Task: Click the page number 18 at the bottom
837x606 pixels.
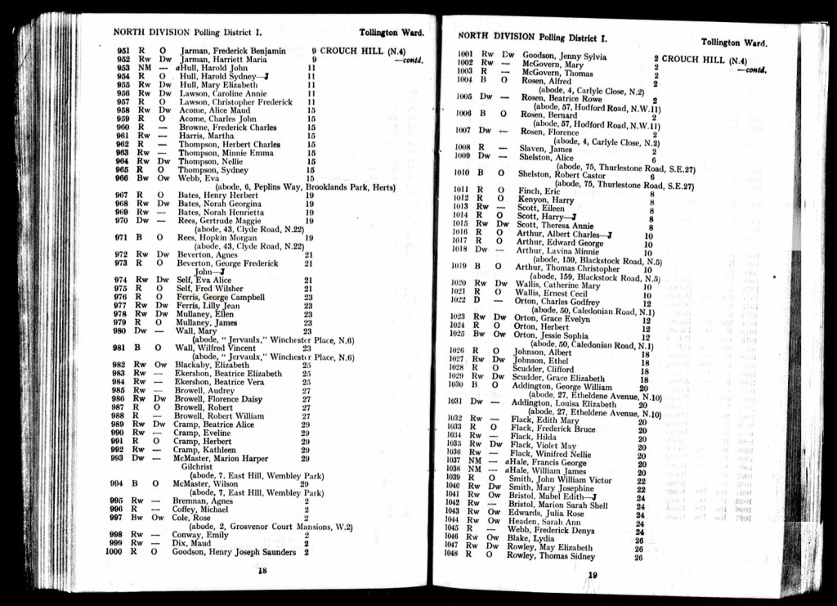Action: (262, 571)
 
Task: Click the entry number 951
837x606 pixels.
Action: (123, 51)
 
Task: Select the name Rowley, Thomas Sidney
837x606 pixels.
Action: (551, 556)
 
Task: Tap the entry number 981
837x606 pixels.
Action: (119, 348)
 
